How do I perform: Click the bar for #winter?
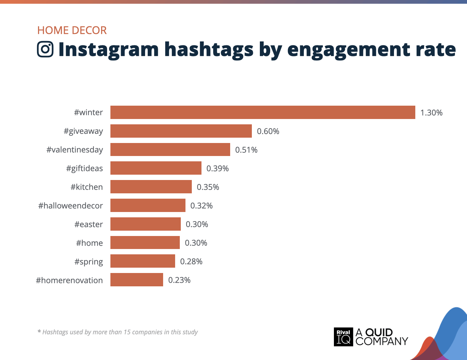pyautogui.click(x=263, y=112)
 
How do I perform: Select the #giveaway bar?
pyautogui.click(x=181, y=131)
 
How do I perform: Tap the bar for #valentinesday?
pyautogui.click(x=170, y=150)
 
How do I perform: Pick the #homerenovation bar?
pyautogui.click(x=137, y=280)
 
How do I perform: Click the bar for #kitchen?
pyautogui.click(x=151, y=187)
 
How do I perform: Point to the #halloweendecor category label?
pyautogui.click(x=70, y=206)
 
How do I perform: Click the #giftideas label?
pyautogui.click(x=84, y=168)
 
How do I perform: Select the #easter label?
pyautogui.click(x=88, y=224)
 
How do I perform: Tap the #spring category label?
pyautogui.click(x=88, y=262)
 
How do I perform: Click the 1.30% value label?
pyautogui.click(x=431, y=113)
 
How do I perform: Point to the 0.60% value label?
pyautogui.click(x=268, y=131)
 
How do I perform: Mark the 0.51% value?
pyautogui.click(x=246, y=150)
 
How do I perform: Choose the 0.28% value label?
pyautogui.click(x=191, y=262)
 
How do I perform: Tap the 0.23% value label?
pyautogui.click(x=179, y=280)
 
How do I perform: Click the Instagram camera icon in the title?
pyautogui.click(x=45, y=49)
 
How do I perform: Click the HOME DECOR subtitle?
pyautogui.click(x=72, y=30)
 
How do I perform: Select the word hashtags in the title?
pyautogui.click(x=209, y=50)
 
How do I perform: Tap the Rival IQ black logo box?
pyautogui.click(x=343, y=337)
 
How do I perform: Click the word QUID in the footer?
pyautogui.click(x=379, y=332)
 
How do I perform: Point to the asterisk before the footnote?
pyautogui.click(x=39, y=332)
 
